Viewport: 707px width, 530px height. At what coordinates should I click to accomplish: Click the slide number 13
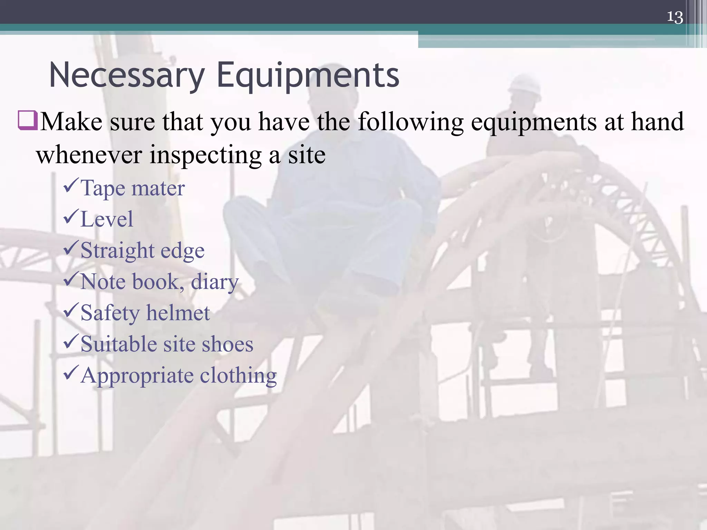pyautogui.click(x=675, y=17)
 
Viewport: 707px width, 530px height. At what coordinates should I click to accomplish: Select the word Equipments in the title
pyautogui.click(x=308, y=75)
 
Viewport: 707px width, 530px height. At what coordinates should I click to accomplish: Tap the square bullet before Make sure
pyautogui.click(x=28, y=120)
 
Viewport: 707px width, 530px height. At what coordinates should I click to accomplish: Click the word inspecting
pyautogui.click(x=205, y=155)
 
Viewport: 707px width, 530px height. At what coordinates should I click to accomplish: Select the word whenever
pyautogui.click(x=89, y=155)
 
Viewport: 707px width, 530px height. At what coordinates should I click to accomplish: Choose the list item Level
pyautogui.click(x=106, y=219)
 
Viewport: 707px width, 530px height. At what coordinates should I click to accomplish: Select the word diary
pyautogui.click(x=214, y=282)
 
